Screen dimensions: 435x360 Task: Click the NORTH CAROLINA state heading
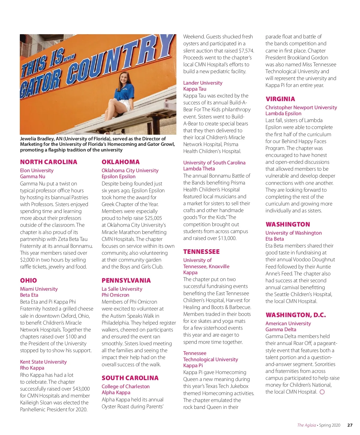click(x=49, y=162)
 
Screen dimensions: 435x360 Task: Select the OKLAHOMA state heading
click(x=121, y=162)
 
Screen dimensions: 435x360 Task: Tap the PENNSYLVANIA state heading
click(x=126, y=280)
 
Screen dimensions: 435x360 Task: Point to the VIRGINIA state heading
click(x=280, y=99)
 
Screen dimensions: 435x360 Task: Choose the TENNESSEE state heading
click(x=201, y=252)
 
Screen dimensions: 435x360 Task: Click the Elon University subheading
click(x=37, y=170)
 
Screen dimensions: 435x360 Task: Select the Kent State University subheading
click(x=43, y=362)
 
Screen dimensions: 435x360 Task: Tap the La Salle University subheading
click(x=122, y=289)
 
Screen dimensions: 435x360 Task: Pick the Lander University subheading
click(x=203, y=83)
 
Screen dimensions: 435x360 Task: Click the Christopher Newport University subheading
click(x=301, y=107)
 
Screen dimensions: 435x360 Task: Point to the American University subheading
click(x=288, y=323)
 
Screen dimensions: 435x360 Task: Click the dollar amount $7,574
click(x=246, y=51)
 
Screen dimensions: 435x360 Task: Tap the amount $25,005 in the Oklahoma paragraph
click(x=153, y=218)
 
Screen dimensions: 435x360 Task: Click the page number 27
click(x=350, y=425)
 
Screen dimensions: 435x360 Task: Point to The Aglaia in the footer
click(x=306, y=425)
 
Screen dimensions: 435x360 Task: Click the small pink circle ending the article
click(x=322, y=392)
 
